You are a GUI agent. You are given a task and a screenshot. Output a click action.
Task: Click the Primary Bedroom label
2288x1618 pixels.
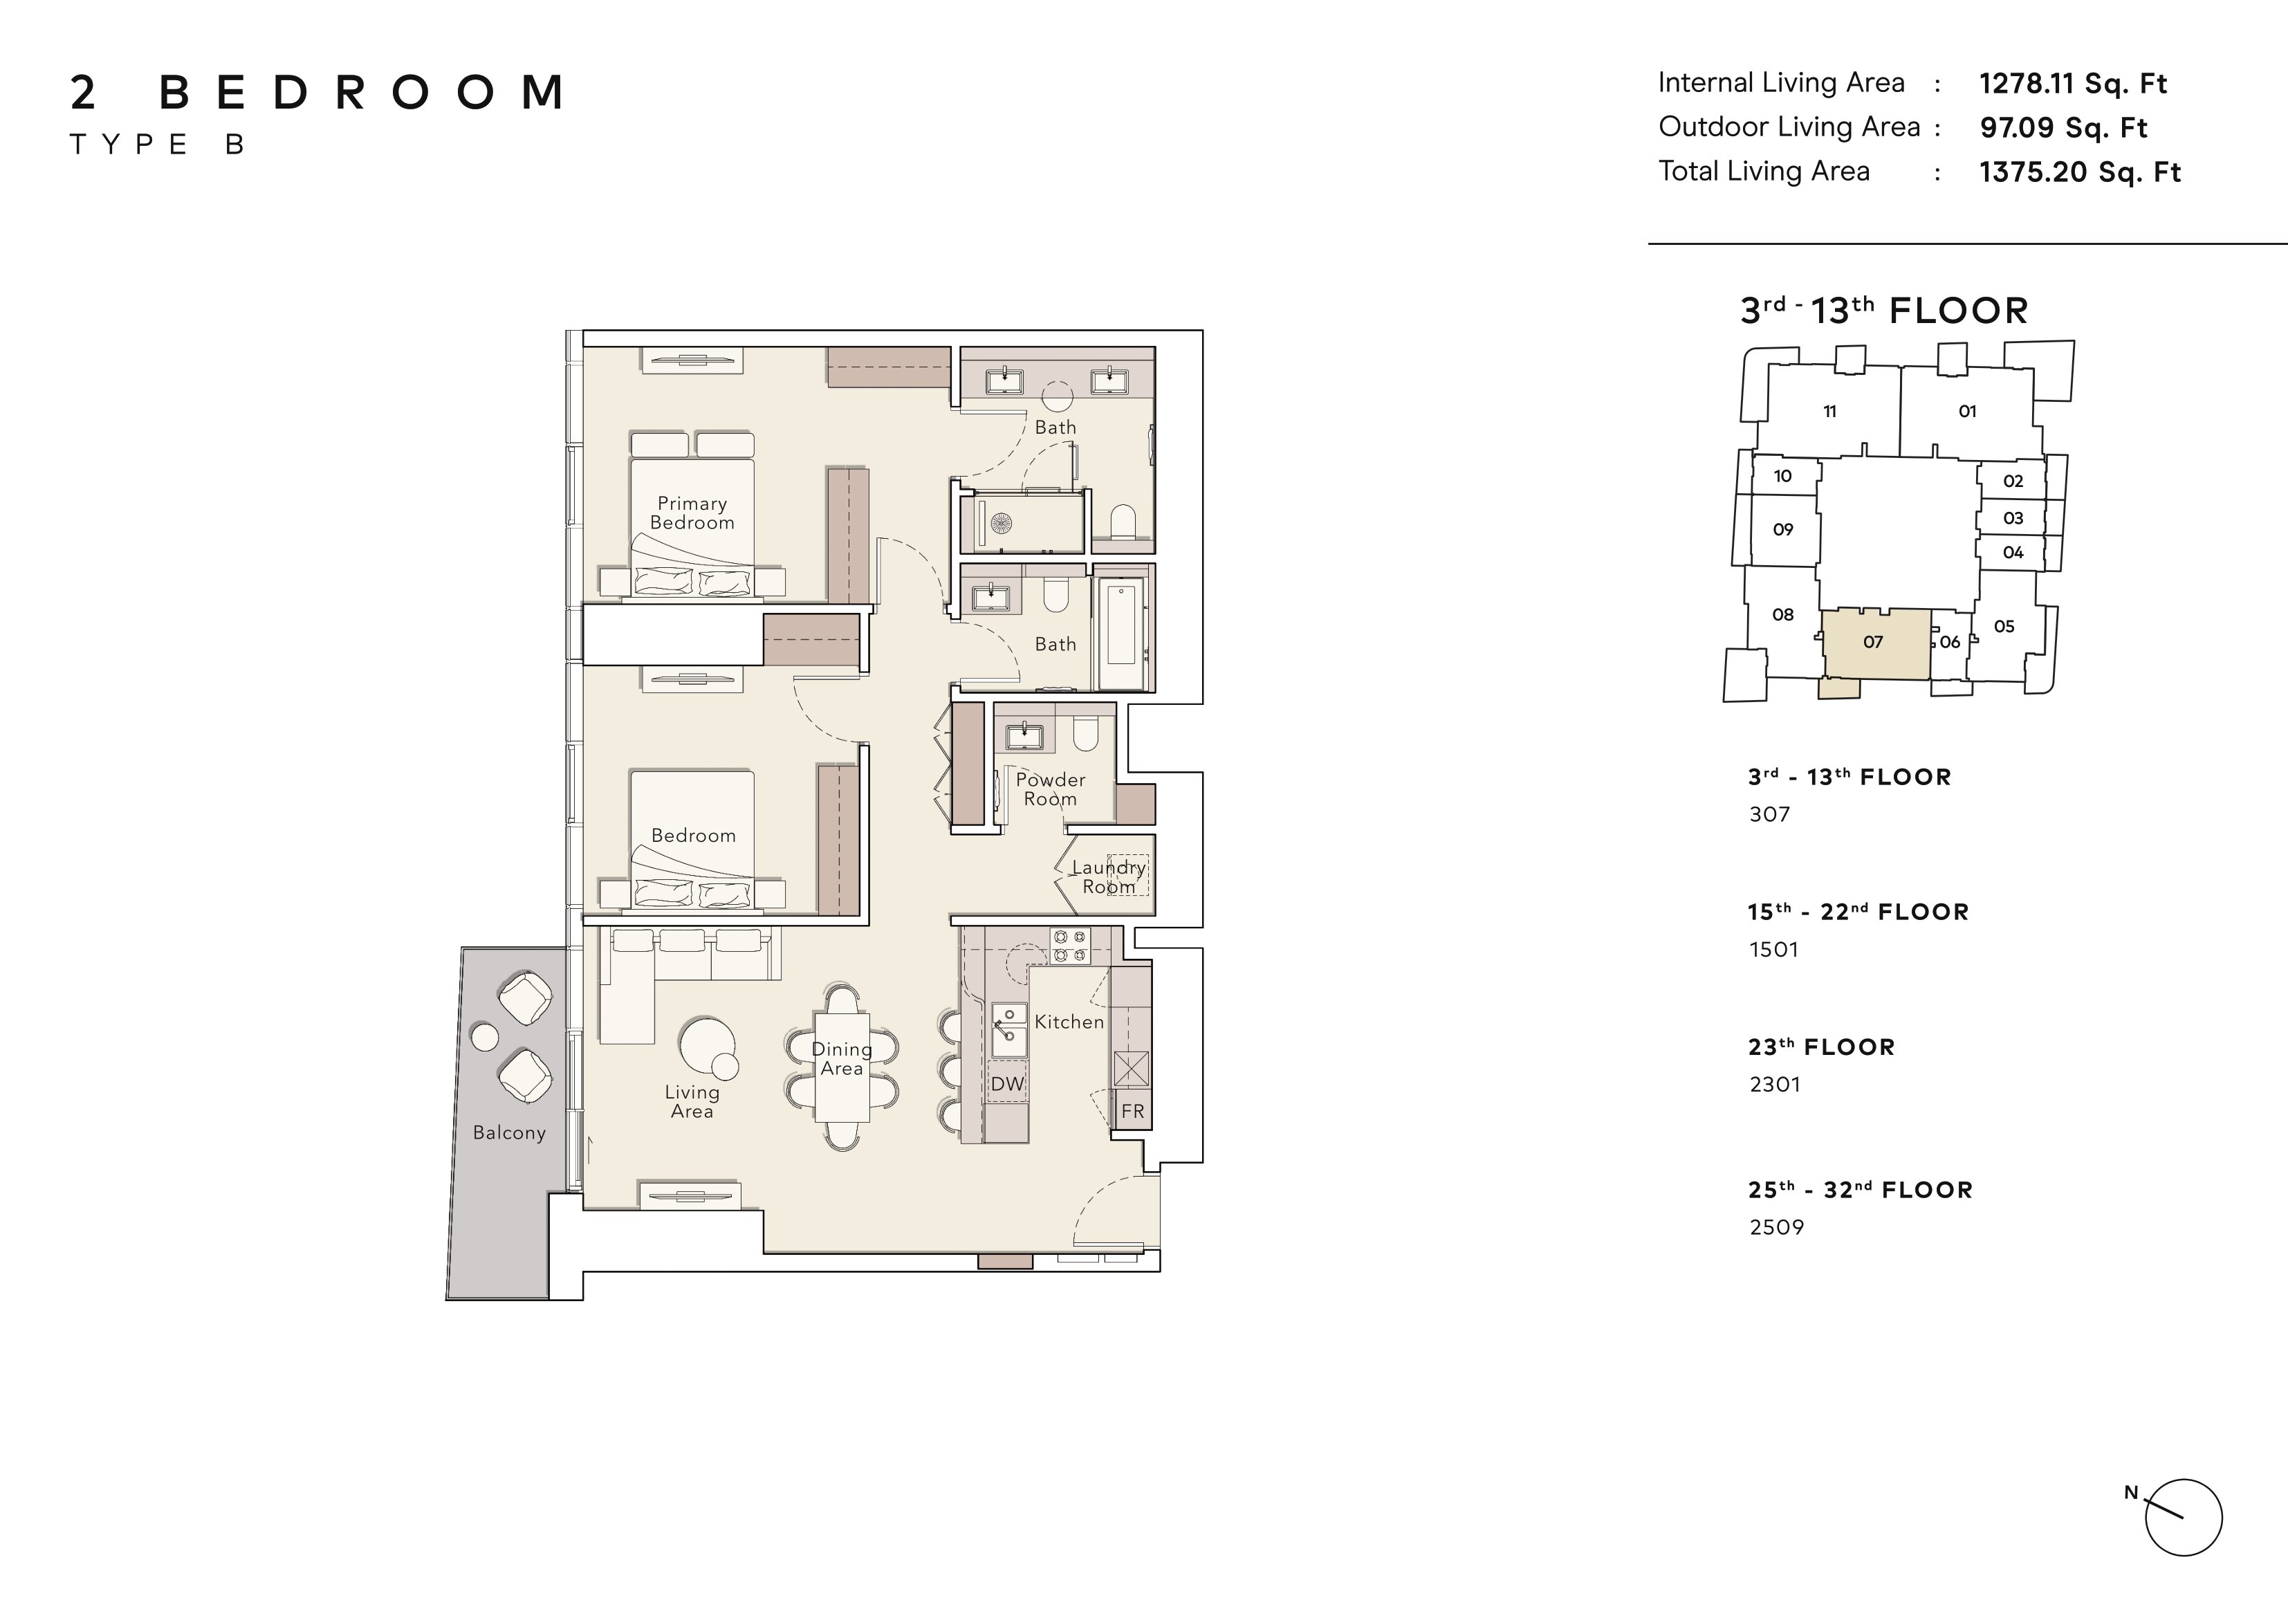(x=692, y=513)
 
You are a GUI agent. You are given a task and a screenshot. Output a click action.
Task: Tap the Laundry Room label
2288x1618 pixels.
(x=1108, y=877)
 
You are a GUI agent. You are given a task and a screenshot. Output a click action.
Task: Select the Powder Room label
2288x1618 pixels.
(x=1051, y=789)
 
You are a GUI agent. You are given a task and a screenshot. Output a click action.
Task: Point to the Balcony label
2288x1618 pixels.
(x=509, y=1132)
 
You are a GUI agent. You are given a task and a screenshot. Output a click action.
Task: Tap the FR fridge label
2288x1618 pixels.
(x=1133, y=1110)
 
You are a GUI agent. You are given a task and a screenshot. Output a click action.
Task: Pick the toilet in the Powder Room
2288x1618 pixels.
(x=1085, y=735)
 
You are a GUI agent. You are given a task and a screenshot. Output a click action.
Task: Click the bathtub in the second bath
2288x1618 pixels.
(x=1121, y=625)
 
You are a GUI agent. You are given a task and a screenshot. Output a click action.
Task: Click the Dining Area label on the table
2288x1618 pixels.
(x=842, y=1059)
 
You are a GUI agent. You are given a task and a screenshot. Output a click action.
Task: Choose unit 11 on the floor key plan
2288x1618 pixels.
(x=1829, y=411)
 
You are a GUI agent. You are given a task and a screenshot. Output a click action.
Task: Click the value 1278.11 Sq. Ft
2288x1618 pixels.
(x=2073, y=84)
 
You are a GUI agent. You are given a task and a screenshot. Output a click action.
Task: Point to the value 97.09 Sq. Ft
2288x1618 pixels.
(x=2063, y=127)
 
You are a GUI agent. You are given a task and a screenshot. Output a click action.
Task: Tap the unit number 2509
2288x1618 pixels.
(x=1777, y=1227)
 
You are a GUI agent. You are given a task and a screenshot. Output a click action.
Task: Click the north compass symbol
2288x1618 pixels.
(x=2182, y=1517)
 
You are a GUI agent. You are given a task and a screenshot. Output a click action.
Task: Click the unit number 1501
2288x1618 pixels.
(x=1774, y=949)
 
